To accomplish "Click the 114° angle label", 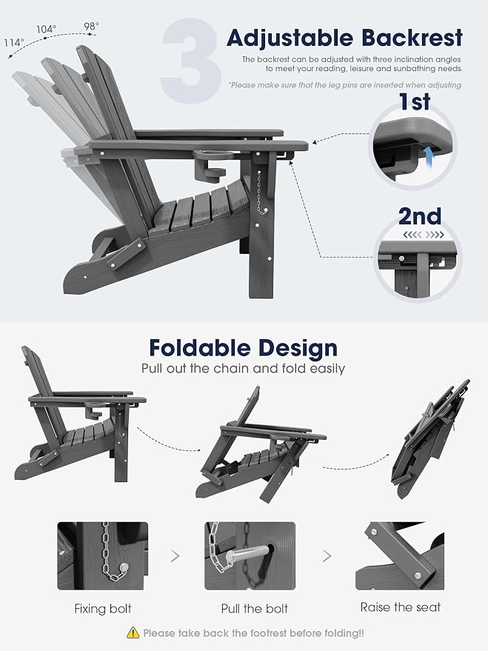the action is point(14,43).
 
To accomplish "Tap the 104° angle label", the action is point(46,29).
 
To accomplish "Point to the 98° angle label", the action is point(91,26).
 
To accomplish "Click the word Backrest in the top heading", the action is point(412,38).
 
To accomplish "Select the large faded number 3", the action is point(190,61).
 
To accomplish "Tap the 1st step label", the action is point(415,101).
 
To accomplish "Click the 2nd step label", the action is point(420,216).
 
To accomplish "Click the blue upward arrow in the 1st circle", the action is point(427,157).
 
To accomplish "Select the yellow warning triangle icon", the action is point(133,632).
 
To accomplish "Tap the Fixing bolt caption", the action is point(103,609).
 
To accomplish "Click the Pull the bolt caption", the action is point(255,609).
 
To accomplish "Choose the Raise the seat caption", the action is point(401,607).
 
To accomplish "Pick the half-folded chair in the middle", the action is point(261,444).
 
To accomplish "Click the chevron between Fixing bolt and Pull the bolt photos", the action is point(175,555).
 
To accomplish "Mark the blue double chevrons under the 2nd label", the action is point(424,235).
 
